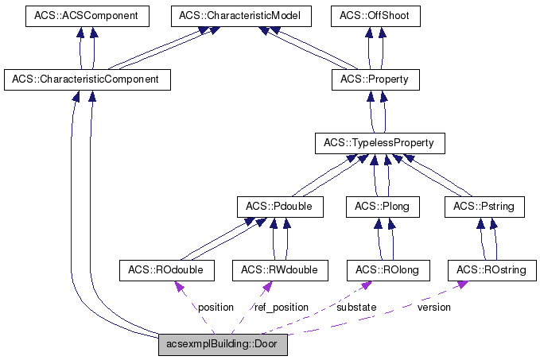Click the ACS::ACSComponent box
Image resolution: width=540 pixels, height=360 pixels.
coord(87,15)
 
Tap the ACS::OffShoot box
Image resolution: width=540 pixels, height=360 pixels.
coord(375,15)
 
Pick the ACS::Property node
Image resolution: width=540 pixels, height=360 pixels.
coord(375,79)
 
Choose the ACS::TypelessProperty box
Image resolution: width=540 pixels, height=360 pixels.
coord(379,144)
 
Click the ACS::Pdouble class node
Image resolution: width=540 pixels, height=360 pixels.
coord(279,207)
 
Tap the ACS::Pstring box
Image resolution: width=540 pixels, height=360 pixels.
coord(484,207)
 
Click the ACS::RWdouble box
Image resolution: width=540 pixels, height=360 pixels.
coord(279,271)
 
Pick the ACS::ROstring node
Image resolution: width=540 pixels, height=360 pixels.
coord(491,271)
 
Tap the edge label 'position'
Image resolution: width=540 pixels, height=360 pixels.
coord(216,307)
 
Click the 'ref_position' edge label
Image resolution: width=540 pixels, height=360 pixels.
coord(282,307)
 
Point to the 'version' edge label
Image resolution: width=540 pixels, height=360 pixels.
coord(433,307)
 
